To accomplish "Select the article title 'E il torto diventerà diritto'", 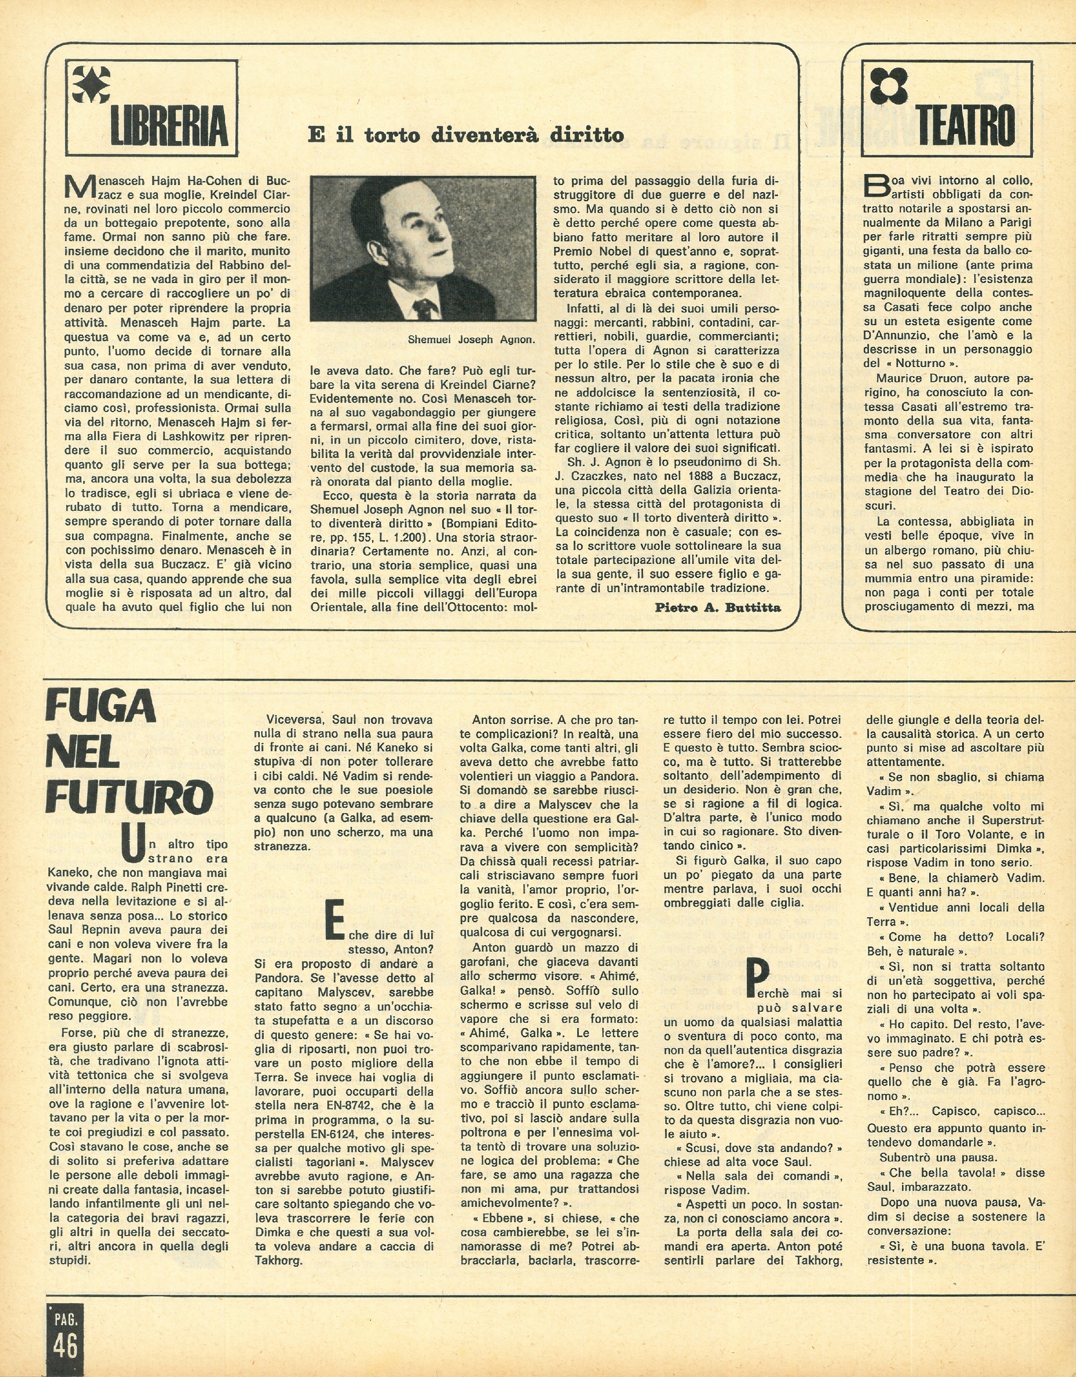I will pyautogui.click(x=465, y=134).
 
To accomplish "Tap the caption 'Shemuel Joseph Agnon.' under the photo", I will pyautogui.click(x=470, y=340).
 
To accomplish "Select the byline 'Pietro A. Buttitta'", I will pyautogui.click(x=718, y=608).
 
